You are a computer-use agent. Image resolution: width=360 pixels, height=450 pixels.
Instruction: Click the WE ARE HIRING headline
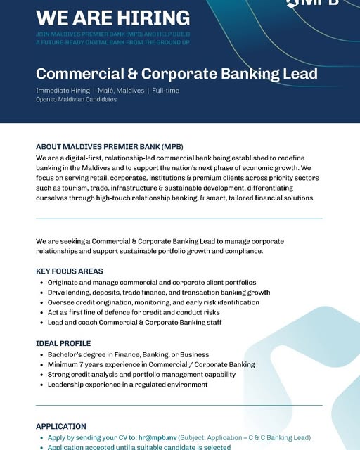(112, 17)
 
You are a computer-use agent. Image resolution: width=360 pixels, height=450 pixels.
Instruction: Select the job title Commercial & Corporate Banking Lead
(176, 74)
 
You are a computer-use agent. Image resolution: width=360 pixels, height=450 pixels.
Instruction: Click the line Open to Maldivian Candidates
(76, 100)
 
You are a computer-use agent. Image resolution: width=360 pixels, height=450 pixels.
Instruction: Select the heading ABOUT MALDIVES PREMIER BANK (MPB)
(109, 148)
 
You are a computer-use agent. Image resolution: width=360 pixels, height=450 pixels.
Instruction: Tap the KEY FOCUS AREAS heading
(69, 271)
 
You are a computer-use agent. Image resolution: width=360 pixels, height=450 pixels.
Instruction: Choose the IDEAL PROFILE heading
(63, 344)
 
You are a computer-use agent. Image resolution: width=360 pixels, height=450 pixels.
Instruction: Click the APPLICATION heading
(61, 426)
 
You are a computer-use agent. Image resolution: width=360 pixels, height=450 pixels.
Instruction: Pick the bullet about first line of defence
(134, 312)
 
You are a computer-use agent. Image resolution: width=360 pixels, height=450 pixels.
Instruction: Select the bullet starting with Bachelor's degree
(128, 355)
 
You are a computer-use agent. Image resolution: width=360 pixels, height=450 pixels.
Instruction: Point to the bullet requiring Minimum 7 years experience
(151, 365)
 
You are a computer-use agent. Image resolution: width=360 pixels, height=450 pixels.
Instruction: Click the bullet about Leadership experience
(127, 385)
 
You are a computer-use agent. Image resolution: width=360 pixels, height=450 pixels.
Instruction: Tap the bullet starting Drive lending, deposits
(159, 292)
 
